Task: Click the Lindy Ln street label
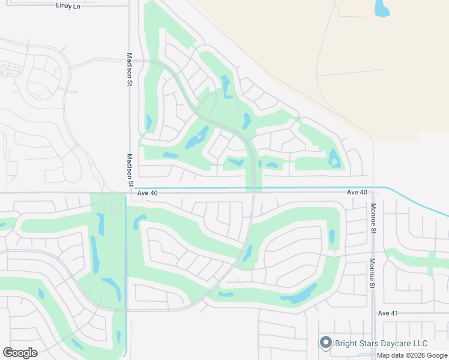click(68, 5)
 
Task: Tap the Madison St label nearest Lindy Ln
click(129, 70)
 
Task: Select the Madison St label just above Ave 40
click(129, 170)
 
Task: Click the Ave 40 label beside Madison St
click(147, 193)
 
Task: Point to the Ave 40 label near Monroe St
click(357, 192)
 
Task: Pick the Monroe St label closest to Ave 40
click(373, 218)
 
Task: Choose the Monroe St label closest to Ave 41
click(373, 274)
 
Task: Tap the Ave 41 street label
click(388, 313)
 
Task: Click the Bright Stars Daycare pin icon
click(326, 343)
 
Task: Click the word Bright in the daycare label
click(348, 343)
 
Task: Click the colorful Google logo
click(20, 353)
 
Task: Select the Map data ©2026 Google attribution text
click(412, 355)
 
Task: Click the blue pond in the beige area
click(382, 8)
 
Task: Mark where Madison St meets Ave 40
click(129, 193)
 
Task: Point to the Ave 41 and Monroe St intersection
click(373, 313)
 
